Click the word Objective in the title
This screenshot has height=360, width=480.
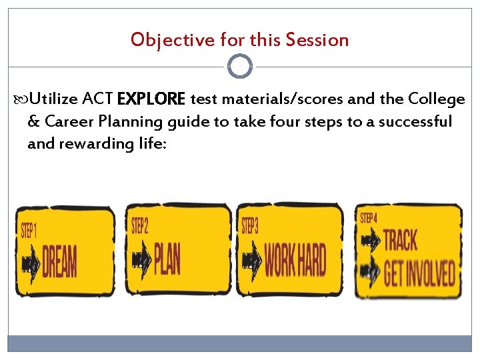[x=163, y=40]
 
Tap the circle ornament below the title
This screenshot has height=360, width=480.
[x=240, y=67]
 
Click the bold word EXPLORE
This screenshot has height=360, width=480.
[x=151, y=100]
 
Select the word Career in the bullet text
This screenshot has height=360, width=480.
[x=65, y=122]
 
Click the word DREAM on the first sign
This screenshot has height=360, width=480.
[x=59, y=262]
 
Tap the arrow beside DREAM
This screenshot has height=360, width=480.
[x=30, y=264]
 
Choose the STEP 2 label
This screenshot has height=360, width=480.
[x=140, y=225]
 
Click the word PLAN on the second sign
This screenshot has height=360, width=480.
[x=167, y=258]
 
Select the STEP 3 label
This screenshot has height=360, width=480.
[x=250, y=226]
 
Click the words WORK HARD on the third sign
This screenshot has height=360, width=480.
[x=295, y=260]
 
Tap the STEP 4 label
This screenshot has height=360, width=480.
[x=369, y=218]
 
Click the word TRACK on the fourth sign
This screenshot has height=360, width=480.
[x=401, y=241]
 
